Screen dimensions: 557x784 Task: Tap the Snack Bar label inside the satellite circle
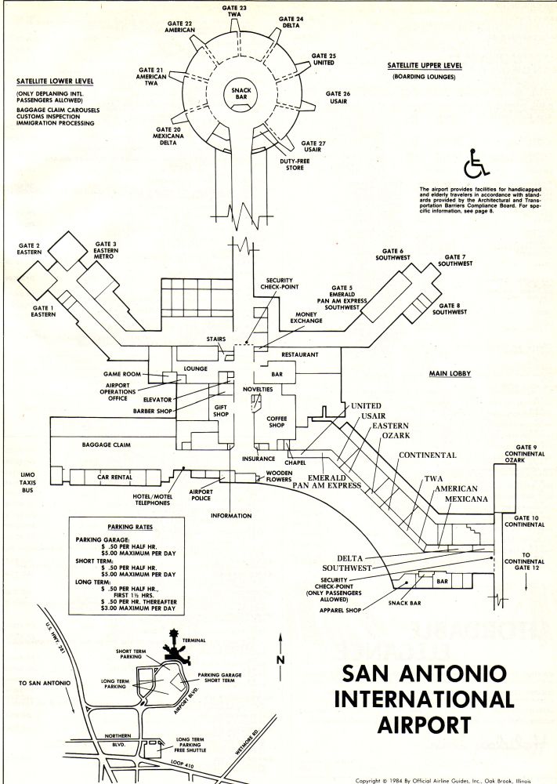[x=241, y=93]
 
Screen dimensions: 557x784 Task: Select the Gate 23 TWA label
[x=234, y=11]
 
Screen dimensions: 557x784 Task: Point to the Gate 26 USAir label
[x=338, y=97]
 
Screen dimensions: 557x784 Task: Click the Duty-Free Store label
[x=295, y=165]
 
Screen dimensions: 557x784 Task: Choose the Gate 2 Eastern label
[x=29, y=249]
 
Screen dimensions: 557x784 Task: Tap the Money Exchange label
[x=306, y=318]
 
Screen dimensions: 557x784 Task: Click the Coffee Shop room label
[x=277, y=422]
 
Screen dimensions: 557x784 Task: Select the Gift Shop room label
[x=221, y=411]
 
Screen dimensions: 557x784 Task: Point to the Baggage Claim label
[x=106, y=445]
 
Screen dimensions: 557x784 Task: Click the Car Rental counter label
[x=115, y=477]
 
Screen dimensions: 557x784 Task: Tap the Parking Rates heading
[x=130, y=527]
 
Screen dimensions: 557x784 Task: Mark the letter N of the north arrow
[x=280, y=659]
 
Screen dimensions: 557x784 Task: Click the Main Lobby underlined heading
[x=450, y=373]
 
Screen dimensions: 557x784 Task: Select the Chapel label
[x=295, y=463]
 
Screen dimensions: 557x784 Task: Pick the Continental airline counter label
[x=428, y=455]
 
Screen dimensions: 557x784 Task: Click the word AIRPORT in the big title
[x=424, y=724]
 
